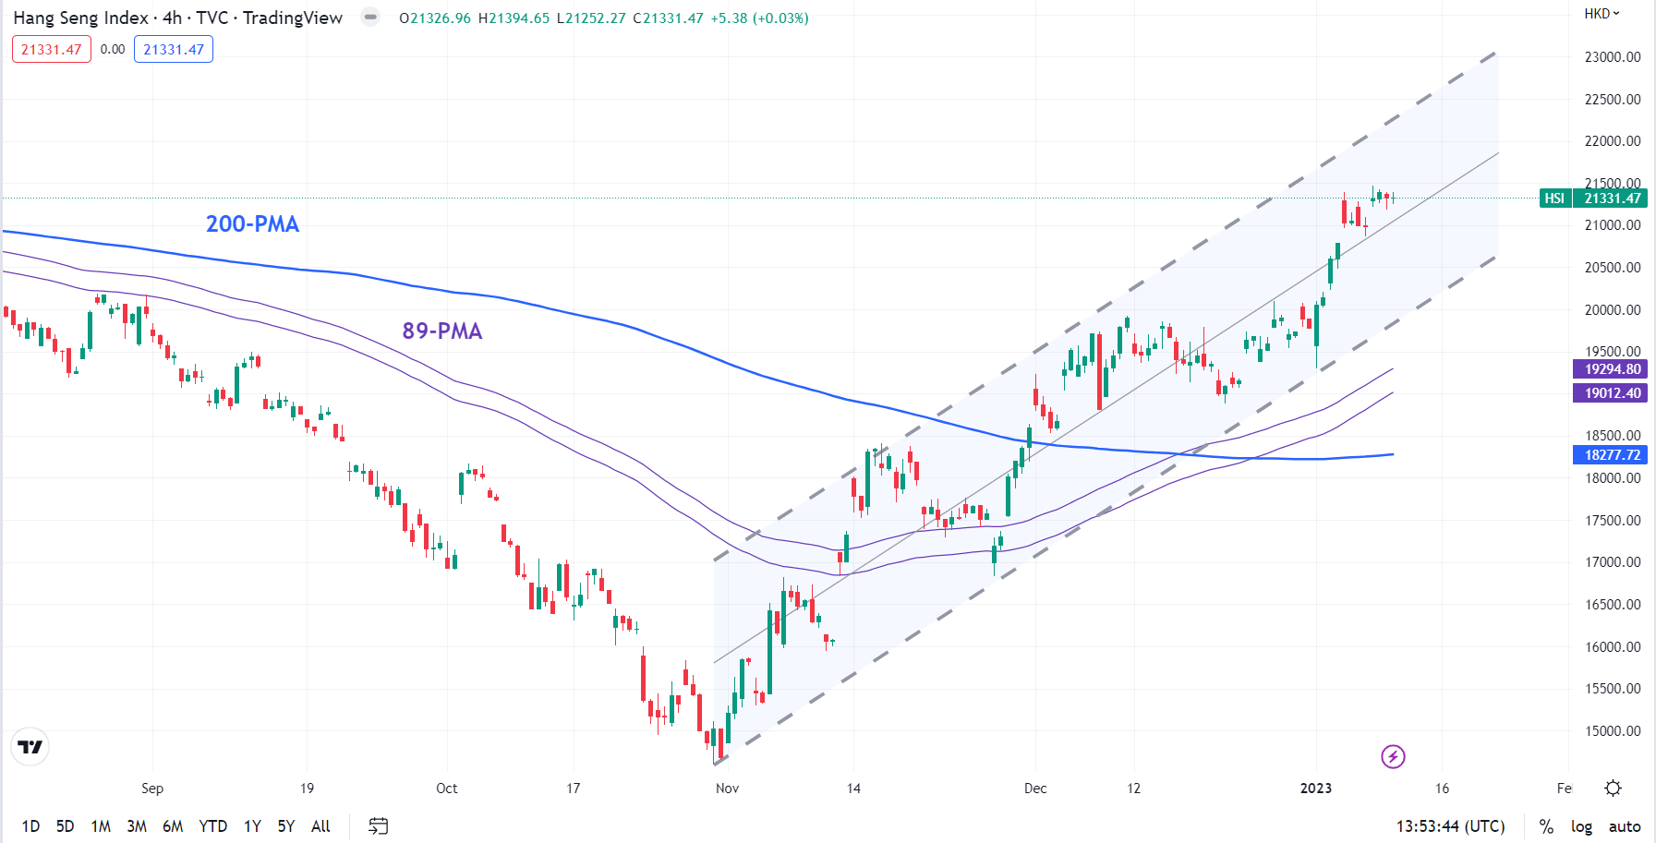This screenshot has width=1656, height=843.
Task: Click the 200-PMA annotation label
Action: point(252,224)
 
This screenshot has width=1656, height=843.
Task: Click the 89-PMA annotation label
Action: point(441,331)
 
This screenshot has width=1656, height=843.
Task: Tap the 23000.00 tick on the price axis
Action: point(1612,57)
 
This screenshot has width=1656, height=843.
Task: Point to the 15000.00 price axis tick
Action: point(1612,731)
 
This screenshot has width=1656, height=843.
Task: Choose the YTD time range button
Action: point(212,826)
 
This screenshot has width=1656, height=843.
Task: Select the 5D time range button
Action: point(65,826)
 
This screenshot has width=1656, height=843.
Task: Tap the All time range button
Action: point(320,826)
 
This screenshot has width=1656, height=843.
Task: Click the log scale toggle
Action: point(1581,826)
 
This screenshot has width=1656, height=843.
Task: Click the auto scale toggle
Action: point(1625,826)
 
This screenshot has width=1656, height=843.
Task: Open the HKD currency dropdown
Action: point(1602,14)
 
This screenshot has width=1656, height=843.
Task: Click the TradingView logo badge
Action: point(30,747)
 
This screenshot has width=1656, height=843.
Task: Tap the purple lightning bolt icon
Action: point(1393,757)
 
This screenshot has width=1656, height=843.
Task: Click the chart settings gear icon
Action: point(1613,788)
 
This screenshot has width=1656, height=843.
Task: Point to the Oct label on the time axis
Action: point(446,789)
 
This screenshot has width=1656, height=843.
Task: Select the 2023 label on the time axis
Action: point(1315,789)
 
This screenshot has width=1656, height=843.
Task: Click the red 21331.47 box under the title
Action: point(52,50)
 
